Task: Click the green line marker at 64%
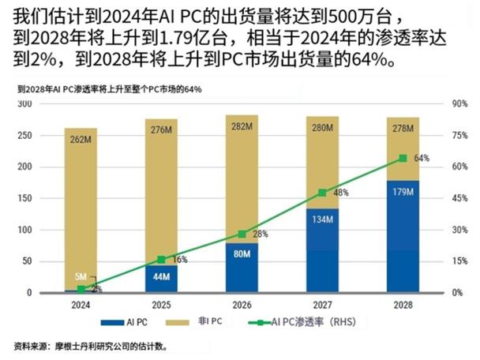click(x=403, y=158)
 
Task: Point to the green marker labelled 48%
click(x=322, y=193)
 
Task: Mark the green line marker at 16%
click(x=161, y=259)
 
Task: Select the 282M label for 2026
click(x=242, y=126)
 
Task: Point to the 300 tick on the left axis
click(x=47, y=104)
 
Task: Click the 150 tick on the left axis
click(x=47, y=198)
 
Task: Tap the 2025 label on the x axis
click(x=161, y=304)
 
